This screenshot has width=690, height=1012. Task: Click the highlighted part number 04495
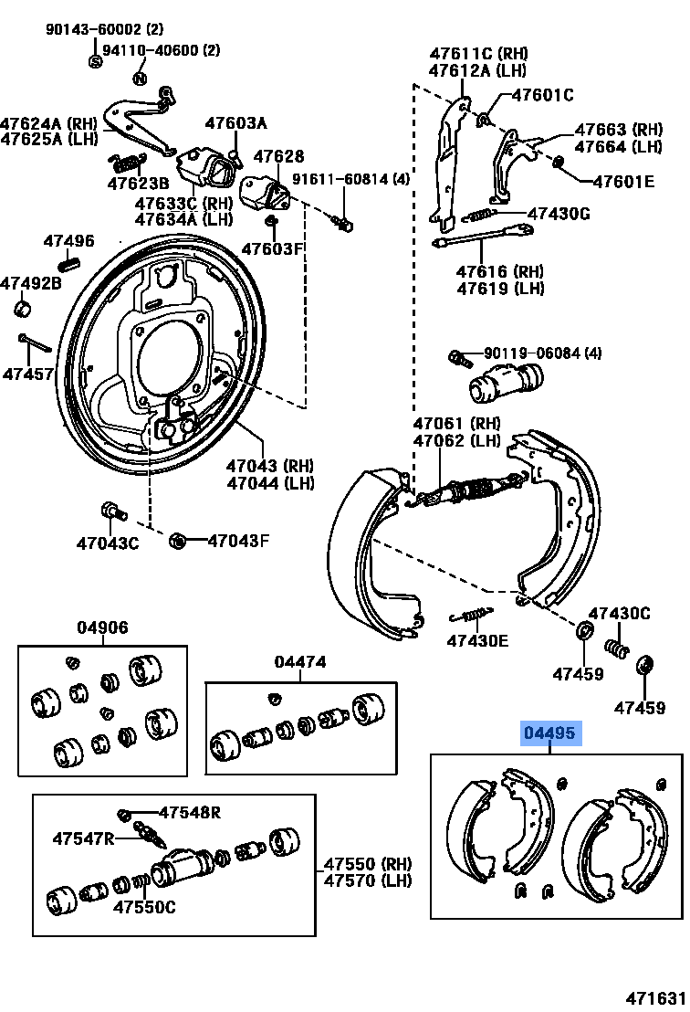[x=551, y=733]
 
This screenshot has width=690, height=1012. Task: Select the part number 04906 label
[x=102, y=627]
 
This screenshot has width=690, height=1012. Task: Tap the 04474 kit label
[x=301, y=662]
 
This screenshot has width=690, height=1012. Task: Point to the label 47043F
[x=238, y=541]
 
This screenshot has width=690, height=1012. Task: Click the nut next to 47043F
[x=178, y=542]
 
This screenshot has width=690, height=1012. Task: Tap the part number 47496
[x=69, y=241]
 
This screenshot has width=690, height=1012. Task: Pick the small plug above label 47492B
[x=22, y=308]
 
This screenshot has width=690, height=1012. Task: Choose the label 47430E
[x=477, y=640]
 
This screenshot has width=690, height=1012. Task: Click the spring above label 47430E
[x=471, y=614]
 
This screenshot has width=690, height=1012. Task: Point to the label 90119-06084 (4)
[x=543, y=353]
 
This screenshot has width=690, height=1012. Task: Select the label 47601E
[x=623, y=182]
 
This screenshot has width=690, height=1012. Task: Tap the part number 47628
[x=278, y=157]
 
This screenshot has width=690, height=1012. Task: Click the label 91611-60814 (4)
[x=351, y=180]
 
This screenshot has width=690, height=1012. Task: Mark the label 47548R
[x=191, y=812]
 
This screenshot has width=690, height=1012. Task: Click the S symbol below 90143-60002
[x=95, y=61]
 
